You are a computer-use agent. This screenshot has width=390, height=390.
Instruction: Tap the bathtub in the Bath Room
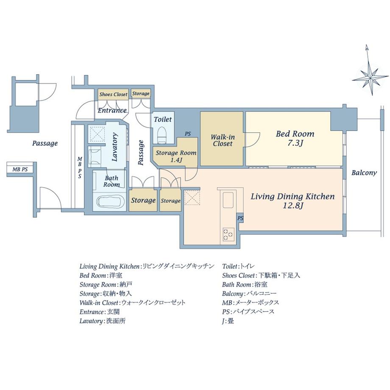pyautogui.click(x=111, y=202)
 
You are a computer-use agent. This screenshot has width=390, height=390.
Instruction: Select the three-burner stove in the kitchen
pyautogui.click(x=228, y=234)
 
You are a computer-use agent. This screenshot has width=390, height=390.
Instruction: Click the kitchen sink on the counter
pyautogui.click(x=228, y=200)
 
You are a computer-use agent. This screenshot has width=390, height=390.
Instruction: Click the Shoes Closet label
pyautogui.click(x=113, y=95)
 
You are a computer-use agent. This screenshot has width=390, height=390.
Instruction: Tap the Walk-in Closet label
pyautogui.click(x=223, y=141)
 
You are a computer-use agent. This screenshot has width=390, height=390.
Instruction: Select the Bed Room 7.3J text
pyautogui.click(x=295, y=138)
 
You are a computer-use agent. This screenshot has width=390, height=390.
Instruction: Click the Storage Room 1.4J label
pyautogui.click(x=176, y=156)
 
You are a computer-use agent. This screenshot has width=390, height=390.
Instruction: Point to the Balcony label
pyautogui.click(x=364, y=173)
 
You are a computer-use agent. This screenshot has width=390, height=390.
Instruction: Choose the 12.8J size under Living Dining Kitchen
pyautogui.click(x=293, y=206)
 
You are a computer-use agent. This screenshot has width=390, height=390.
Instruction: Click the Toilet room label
pyautogui.click(x=163, y=120)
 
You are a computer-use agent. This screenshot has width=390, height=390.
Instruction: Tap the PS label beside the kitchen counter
pyautogui.click(x=240, y=218)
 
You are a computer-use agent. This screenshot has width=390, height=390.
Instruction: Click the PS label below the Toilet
pyautogui.click(x=188, y=134)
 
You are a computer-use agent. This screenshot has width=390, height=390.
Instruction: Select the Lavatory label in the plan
pyautogui.click(x=114, y=147)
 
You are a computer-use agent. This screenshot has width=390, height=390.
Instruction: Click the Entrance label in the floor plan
pyautogui.click(x=112, y=111)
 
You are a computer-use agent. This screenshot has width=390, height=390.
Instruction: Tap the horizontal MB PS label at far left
pyautogui.click(x=20, y=170)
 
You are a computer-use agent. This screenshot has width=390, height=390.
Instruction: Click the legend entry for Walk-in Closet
pyautogui.click(x=133, y=303)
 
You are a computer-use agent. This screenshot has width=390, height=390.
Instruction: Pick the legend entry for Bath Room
pyautogui.click(x=245, y=284)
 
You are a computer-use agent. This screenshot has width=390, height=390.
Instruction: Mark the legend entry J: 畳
pyautogui.click(x=228, y=321)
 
